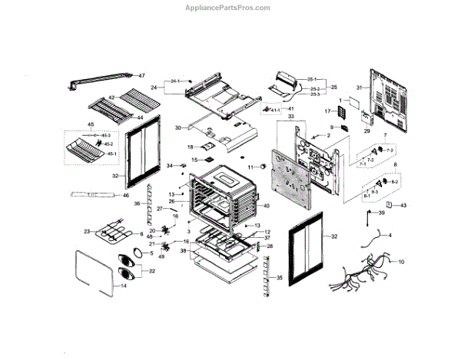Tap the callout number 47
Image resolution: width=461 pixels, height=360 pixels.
coord(141,75)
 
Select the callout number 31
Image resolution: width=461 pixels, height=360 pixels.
coord(358,89)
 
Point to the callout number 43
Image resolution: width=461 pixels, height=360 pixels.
coord(403,206)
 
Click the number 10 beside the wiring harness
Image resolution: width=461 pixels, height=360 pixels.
coord(400,262)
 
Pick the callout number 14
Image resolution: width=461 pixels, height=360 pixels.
coord(122,285)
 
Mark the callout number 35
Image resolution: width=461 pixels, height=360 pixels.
coord(279,276)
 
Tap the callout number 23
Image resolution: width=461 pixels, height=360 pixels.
coord(88,230)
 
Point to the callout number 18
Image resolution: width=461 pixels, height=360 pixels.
coord(190,147)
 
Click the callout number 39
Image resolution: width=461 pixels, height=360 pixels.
coord(380,213)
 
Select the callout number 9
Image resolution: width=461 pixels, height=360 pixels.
coord(333,127)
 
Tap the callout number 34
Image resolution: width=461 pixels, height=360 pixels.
coord(169,166)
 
